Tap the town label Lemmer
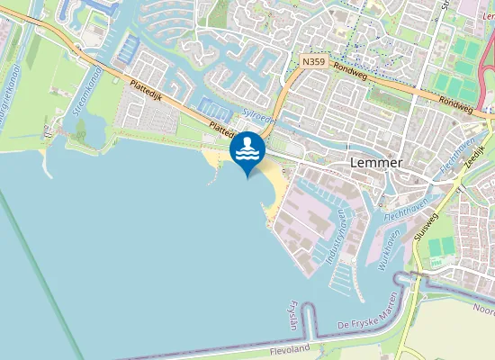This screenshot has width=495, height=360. [374, 163]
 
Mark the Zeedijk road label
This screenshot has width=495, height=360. [476, 159]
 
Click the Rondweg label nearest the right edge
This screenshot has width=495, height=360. [455, 102]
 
